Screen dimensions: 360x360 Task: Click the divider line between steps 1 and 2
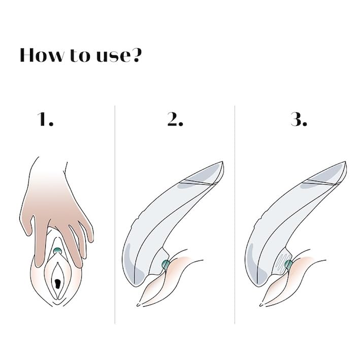(x=115, y=213)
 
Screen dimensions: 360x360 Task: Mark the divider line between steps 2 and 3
(x=235, y=213)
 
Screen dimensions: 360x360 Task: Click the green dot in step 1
(x=58, y=250)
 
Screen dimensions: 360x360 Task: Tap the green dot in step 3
(x=288, y=264)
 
